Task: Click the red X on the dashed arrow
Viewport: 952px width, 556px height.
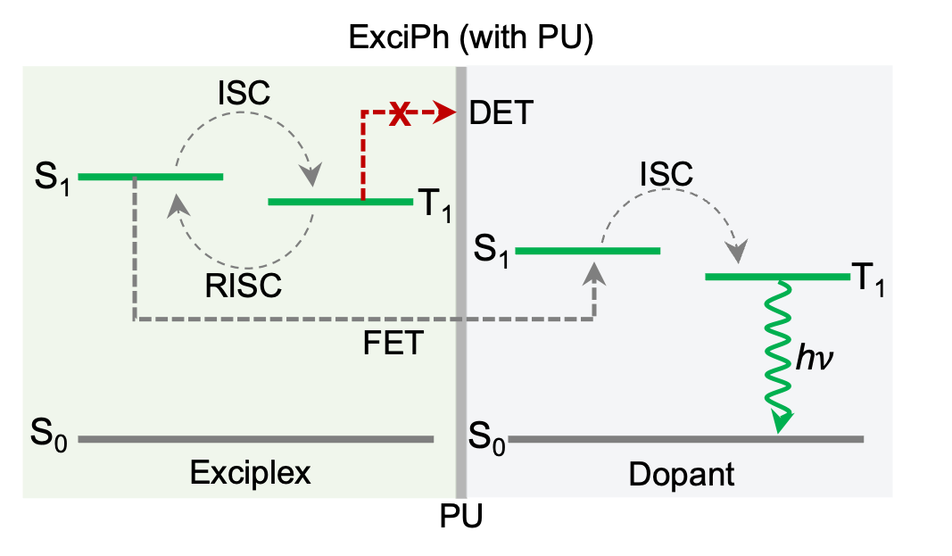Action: pyautogui.click(x=401, y=113)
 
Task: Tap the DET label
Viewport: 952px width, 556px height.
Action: pyautogui.click(x=501, y=113)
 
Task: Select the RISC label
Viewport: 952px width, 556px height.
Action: pyautogui.click(x=243, y=286)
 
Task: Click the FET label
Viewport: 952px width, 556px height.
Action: pyautogui.click(x=392, y=343)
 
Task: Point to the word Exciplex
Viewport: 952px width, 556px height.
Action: pyautogui.click(x=251, y=472)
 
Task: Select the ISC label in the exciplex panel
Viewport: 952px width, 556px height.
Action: pyautogui.click(x=244, y=93)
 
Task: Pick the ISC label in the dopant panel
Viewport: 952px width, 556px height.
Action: pyautogui.click(x=666, y=174)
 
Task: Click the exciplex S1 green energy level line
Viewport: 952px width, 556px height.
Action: pyautogui.click(x=151, y=177)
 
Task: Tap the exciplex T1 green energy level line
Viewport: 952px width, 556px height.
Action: pyautogui.click(x=340, y=202)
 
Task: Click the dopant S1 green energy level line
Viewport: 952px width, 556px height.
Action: pyautogui.click(x=588, y=251)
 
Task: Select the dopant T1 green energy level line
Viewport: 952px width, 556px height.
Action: pyautogui.click(x=777, y=277)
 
